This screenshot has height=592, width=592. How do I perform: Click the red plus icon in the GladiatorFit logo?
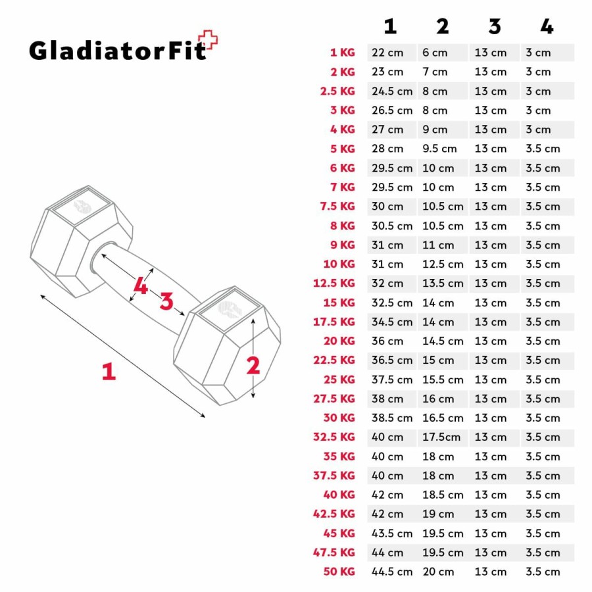click(209, 40)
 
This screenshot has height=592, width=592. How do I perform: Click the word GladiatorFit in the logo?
click(118, 51)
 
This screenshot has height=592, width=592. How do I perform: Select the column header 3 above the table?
click(495, 26)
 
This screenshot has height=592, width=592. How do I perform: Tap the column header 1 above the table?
click(390, 26)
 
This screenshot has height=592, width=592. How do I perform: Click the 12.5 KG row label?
click(334, 283)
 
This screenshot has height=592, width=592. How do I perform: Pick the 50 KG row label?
click(339, 572)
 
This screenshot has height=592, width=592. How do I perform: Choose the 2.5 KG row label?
click(337, 91)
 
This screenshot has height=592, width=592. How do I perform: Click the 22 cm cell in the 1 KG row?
click(387, 53)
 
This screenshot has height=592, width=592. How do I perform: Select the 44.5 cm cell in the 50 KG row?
click(392, 572)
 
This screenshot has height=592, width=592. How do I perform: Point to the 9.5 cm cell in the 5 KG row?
click(439, 149)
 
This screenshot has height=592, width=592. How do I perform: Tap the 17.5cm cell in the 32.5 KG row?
click(441, 437)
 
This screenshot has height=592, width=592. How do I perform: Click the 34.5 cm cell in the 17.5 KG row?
click(392, 322)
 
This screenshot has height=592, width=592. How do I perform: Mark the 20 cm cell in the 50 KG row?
click(438, 572)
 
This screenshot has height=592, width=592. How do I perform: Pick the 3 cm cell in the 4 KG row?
click(538, 130)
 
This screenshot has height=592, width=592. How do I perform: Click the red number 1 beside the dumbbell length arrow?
click(109, 371)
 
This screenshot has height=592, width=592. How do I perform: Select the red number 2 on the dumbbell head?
click(253, 366)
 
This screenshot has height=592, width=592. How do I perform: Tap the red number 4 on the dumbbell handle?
click(141, 285)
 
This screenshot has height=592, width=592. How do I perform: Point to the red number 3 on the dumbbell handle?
click(166, 301)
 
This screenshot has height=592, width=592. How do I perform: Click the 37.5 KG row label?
click(334, 476)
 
